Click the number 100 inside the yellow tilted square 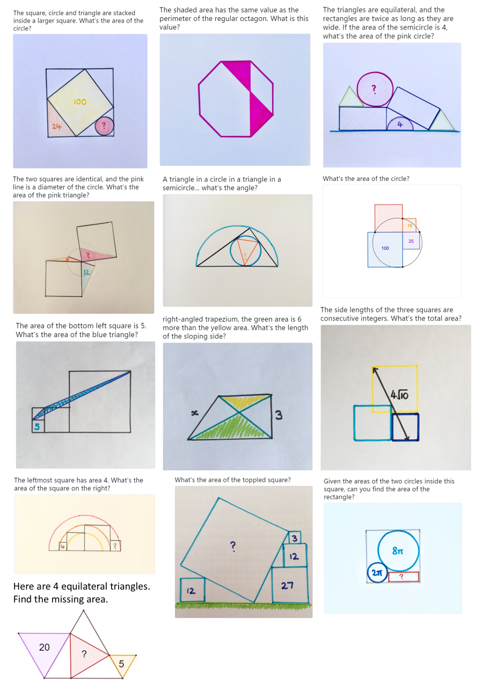[80, 101]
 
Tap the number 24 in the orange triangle [56, 127]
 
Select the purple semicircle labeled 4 [400, 125]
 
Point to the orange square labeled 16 [409, 226]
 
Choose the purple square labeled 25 [411, 241]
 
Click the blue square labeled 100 [385, 249]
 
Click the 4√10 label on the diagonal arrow [399, 396]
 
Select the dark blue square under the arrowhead [405, 427]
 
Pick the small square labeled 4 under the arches [63, 547]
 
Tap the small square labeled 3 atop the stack [294, 537]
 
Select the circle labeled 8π [398, 551]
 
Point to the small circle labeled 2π [377, 573]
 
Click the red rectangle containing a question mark [403, 577]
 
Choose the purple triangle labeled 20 [45, 649]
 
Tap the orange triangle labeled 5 [122, 664]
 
